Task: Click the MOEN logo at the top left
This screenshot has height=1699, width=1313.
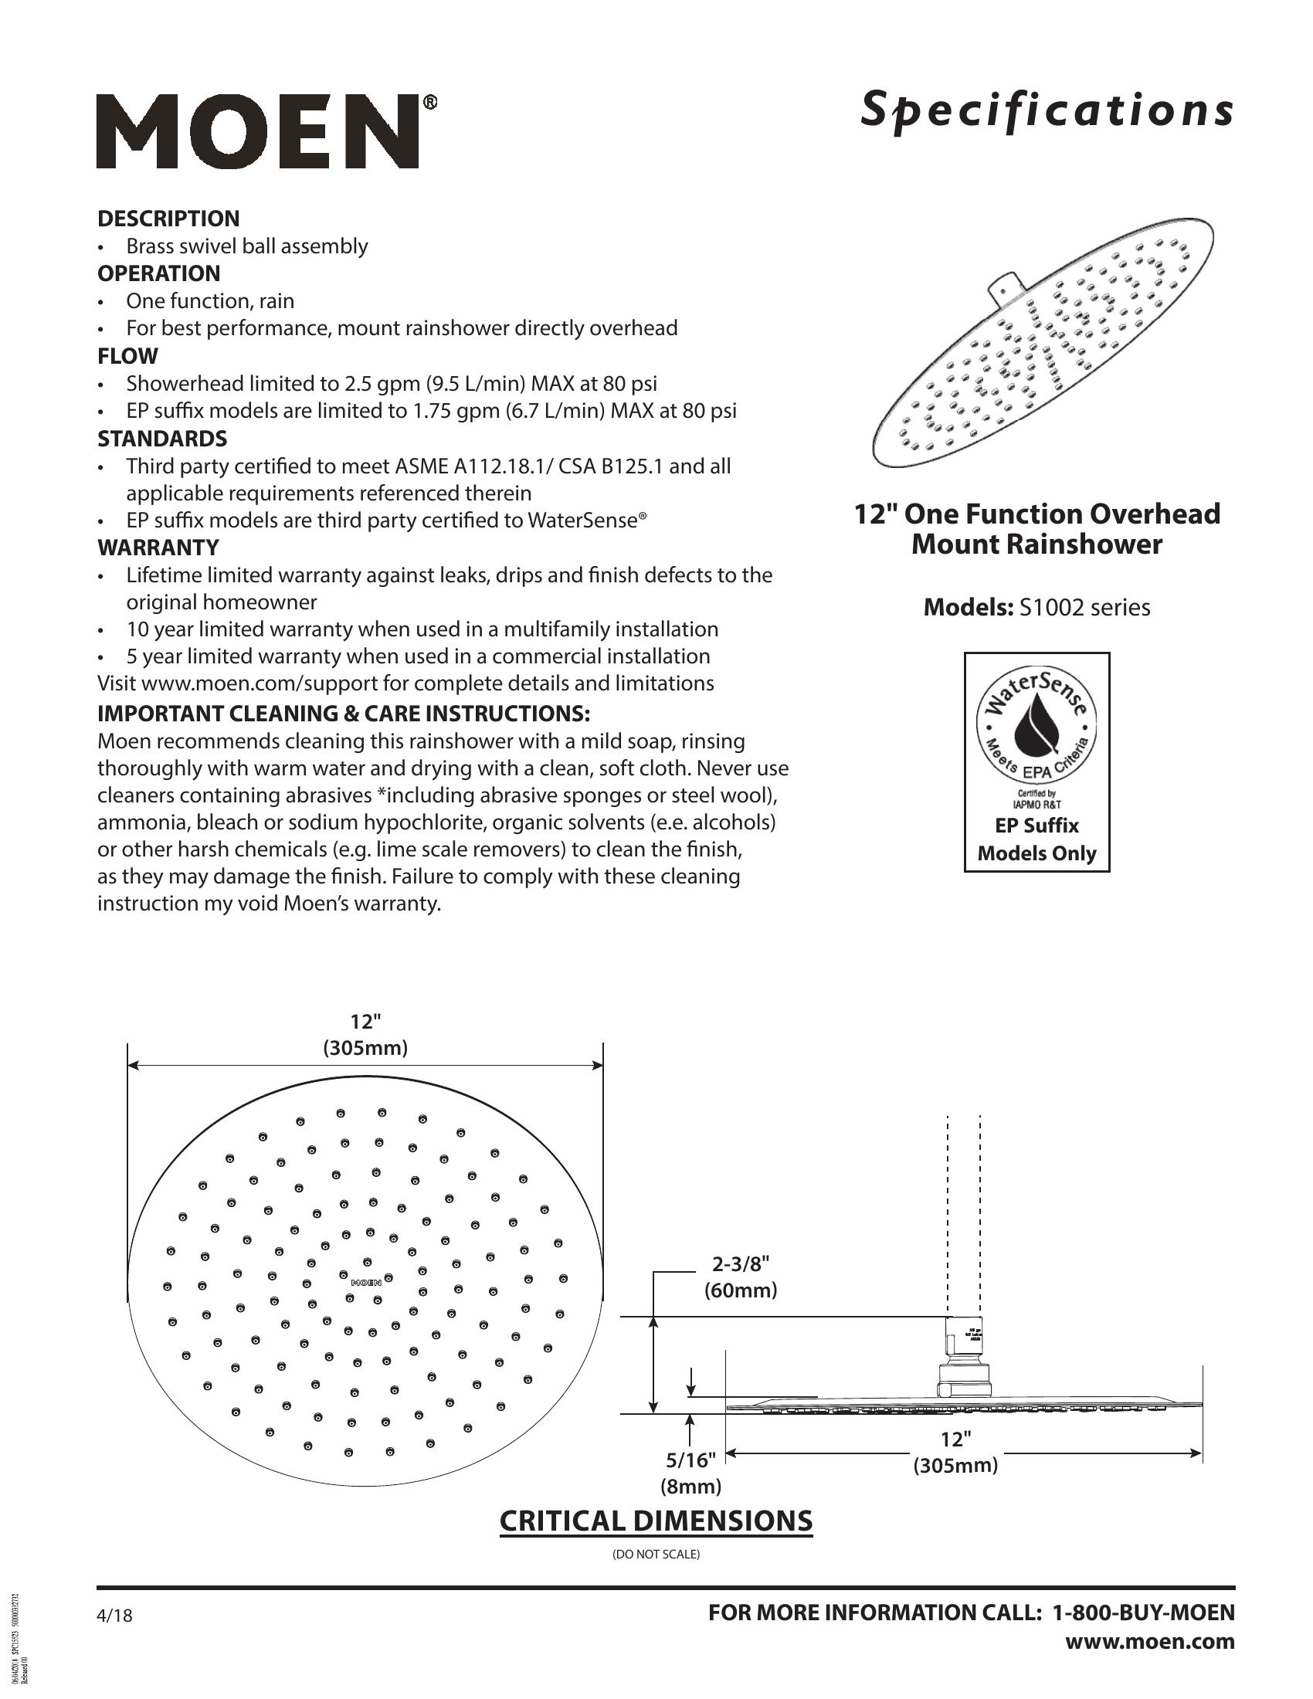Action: pos(257,131)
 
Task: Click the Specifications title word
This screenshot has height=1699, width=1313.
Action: pos(1047,110)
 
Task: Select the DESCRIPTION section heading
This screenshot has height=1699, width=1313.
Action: pos(168,219)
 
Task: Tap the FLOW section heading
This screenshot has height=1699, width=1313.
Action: pos(127,356)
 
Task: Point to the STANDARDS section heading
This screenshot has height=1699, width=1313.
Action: pos(161,439)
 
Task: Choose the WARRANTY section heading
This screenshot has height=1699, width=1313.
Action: pos(158,548)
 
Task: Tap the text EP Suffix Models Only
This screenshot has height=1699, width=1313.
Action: pos(1036,839)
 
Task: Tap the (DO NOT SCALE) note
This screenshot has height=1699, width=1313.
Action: pos(656,1555)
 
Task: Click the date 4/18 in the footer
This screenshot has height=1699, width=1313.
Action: pos(114,1616)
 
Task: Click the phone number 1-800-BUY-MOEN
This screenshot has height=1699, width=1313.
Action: pos(1143,1613)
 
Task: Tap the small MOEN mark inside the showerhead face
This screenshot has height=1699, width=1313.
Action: pos(365,1281)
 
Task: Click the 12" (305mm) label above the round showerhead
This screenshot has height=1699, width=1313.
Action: pos(365,1035)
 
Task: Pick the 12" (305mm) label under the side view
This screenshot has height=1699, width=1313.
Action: pos(955,1452)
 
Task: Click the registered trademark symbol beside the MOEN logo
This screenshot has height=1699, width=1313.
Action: pos(429,102)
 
